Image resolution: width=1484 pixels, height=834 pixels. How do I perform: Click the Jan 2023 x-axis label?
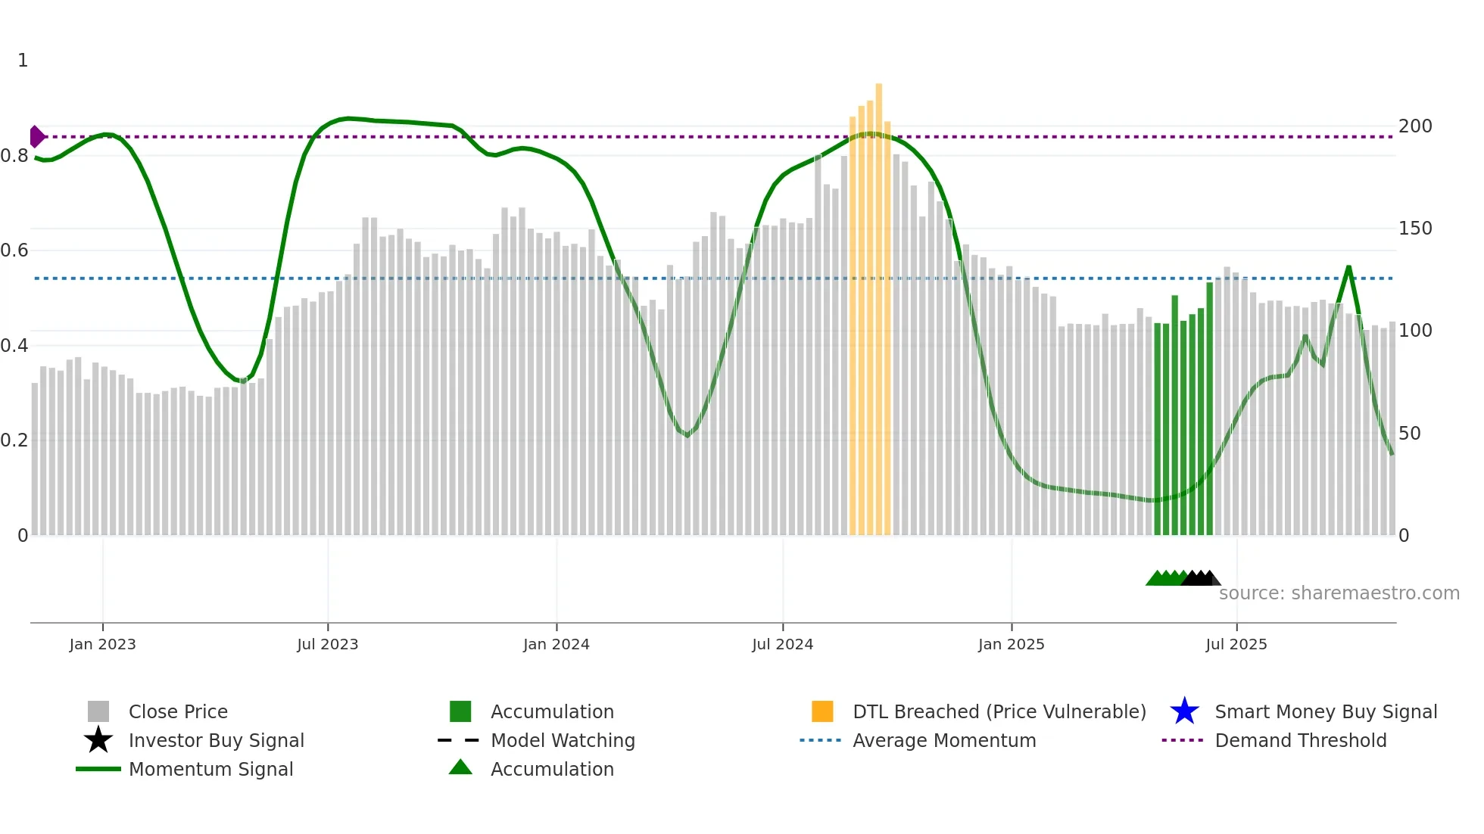click(102, 644)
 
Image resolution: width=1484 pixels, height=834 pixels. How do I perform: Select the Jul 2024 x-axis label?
click(782, 644)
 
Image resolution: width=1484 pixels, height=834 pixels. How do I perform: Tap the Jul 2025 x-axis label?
click(1236, 644)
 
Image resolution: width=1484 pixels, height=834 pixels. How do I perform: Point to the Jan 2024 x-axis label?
click(556, 644)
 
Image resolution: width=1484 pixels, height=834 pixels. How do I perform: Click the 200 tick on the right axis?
click(1414, 126)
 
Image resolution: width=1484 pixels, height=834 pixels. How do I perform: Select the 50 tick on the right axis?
click(1409, 434)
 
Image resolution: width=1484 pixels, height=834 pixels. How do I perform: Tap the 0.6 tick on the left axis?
click(14, 251)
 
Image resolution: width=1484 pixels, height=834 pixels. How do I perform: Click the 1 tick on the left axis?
click(23, 61)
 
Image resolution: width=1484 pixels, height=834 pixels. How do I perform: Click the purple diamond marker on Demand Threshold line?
click(36, 137)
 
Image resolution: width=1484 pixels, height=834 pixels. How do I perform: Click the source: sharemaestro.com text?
click(1339, 593)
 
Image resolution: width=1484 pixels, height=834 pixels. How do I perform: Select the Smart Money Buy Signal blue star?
click(1184, 711)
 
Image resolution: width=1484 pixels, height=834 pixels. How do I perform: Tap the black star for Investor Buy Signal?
click(98, 740)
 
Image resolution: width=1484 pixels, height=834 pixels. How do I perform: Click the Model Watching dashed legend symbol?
click(459, 740)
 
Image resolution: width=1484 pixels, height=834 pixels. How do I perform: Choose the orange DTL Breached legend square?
click(822, 711)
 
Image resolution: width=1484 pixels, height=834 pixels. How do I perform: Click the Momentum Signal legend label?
click(210, 769)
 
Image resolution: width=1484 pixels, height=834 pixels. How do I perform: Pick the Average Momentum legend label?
click(944, 740)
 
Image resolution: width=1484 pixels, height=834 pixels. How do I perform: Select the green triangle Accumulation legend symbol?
click(460, 767)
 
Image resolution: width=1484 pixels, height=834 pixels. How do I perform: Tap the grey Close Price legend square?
click(98, 711)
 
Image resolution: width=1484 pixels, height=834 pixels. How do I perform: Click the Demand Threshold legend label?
click(1300, 740)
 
